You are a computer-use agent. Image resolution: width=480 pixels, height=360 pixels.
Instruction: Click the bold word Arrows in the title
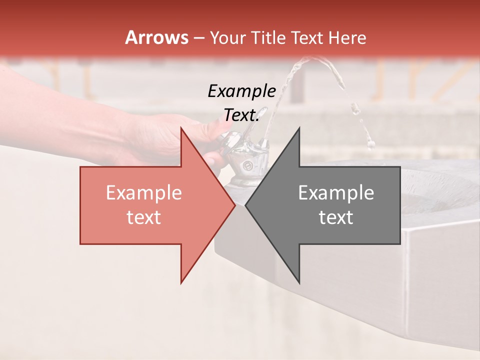156,37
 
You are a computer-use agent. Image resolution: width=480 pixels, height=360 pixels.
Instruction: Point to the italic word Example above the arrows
241,91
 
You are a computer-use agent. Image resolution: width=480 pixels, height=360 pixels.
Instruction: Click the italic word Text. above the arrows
241,115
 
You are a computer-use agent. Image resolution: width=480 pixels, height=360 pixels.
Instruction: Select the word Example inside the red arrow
143,193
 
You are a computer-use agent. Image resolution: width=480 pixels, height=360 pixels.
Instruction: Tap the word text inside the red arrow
143,217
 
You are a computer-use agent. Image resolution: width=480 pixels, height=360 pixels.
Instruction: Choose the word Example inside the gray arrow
336,193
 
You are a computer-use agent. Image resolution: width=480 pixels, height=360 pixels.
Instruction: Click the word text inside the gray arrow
336,217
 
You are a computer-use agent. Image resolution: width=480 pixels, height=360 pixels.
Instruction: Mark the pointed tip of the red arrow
234,205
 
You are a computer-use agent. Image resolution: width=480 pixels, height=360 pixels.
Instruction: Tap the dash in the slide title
198,38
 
